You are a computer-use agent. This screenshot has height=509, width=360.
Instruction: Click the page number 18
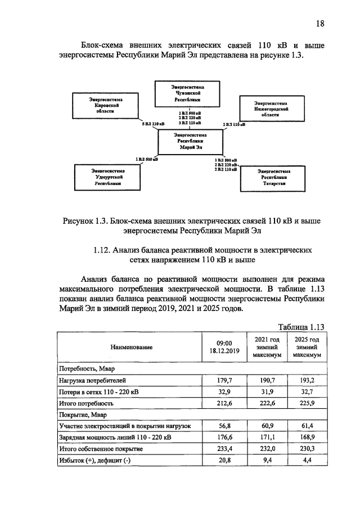point(320,23)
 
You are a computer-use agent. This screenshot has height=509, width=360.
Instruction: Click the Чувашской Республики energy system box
point(189,92)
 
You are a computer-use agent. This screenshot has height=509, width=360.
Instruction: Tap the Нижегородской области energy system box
point(273,109)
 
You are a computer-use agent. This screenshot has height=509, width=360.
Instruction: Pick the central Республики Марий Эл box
point(190,141)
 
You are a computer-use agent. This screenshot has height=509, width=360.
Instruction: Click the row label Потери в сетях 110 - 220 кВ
point(96,392)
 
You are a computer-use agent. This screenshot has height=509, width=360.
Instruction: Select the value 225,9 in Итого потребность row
point(307,403)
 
